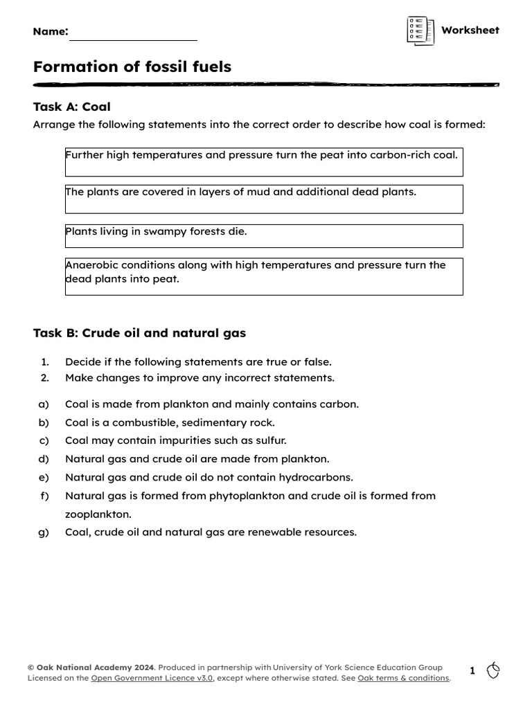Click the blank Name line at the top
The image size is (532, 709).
133,36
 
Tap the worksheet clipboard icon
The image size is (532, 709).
420,31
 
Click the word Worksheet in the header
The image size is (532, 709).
470,30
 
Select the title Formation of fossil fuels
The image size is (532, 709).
132,67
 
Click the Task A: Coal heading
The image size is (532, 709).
72,107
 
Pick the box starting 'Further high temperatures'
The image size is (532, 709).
264,162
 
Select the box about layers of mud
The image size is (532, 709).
264,199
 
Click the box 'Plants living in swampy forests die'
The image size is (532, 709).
264,235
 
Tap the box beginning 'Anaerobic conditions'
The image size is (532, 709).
264,276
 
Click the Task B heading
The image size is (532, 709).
139,333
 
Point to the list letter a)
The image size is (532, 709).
44,404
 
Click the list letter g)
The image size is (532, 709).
44,532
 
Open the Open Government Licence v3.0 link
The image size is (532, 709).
152,679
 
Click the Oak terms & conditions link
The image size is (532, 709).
403,679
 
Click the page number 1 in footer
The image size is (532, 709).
472,671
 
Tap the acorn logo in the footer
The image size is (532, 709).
493,670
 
